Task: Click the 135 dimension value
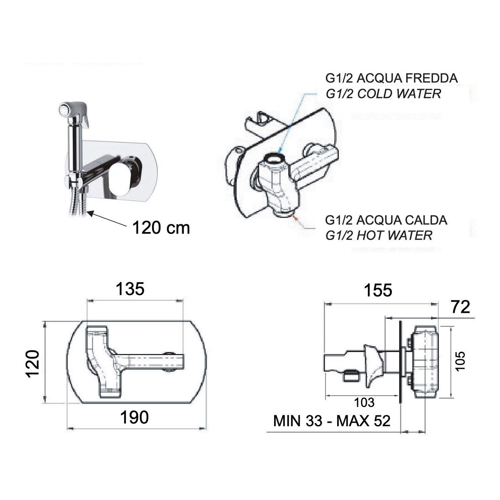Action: tap(130, 289)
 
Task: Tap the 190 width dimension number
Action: tap(135, 417)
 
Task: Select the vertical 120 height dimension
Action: tap(32, 363)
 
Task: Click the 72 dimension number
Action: tap(460, 307)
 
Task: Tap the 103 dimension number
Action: tap(365, 402)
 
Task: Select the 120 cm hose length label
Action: tap(161, 228)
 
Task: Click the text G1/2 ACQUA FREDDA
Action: tap(392, 78)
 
